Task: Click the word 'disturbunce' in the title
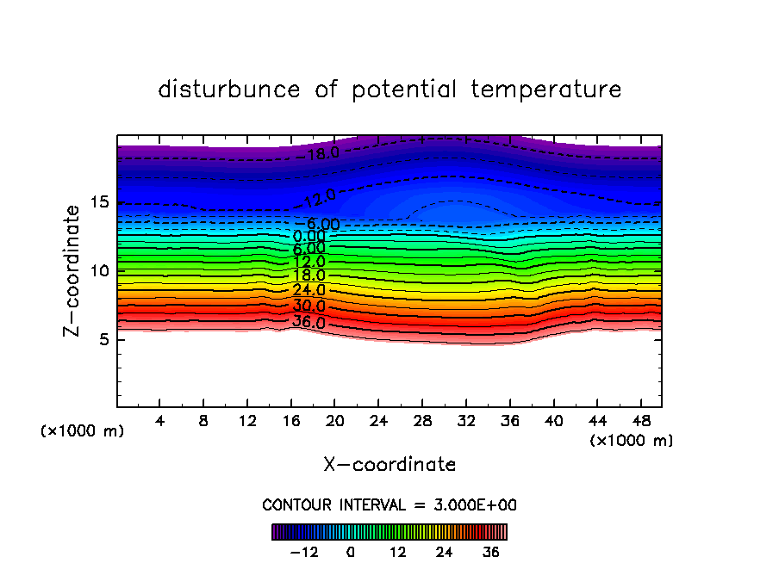point(229,90)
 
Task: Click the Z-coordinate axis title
point(73,270)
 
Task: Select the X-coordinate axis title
point(389,465)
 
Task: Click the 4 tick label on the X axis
point(160,422)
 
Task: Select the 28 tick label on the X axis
point(421,422)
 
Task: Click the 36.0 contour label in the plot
point(309,323)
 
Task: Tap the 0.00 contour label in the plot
point(309,236)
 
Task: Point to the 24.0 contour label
point(309,290)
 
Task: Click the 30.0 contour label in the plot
point(309,306)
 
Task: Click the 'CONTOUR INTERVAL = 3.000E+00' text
point(389,504)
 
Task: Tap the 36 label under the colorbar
point(491,552)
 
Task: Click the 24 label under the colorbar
point(445,552)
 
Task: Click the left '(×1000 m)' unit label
point(83,431)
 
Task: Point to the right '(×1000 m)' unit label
point(632,441)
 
